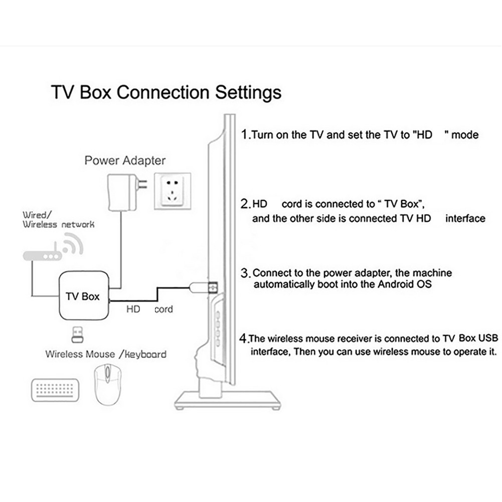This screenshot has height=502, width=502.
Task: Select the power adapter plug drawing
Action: [x=123, y=191]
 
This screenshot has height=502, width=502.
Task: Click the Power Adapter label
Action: [x=124, y=161]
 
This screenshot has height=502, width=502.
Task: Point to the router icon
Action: [x=43, y=255]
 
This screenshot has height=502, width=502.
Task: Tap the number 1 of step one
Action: [x=244, y=134]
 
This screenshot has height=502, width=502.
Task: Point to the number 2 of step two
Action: [x=245, y=204]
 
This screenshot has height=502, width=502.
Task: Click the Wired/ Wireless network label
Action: [x=58, y=220]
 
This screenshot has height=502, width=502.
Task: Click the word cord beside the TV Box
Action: [x=163, y=309]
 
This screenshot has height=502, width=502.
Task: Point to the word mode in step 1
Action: [x=465, y=135]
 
